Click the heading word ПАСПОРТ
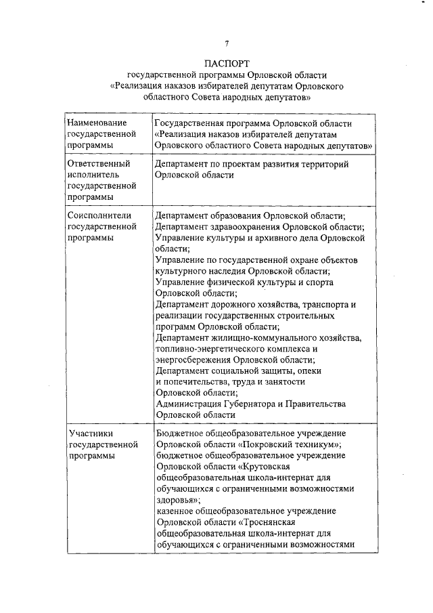point(227,62)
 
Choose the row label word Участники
point(90,434)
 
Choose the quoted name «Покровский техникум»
point(289,444)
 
